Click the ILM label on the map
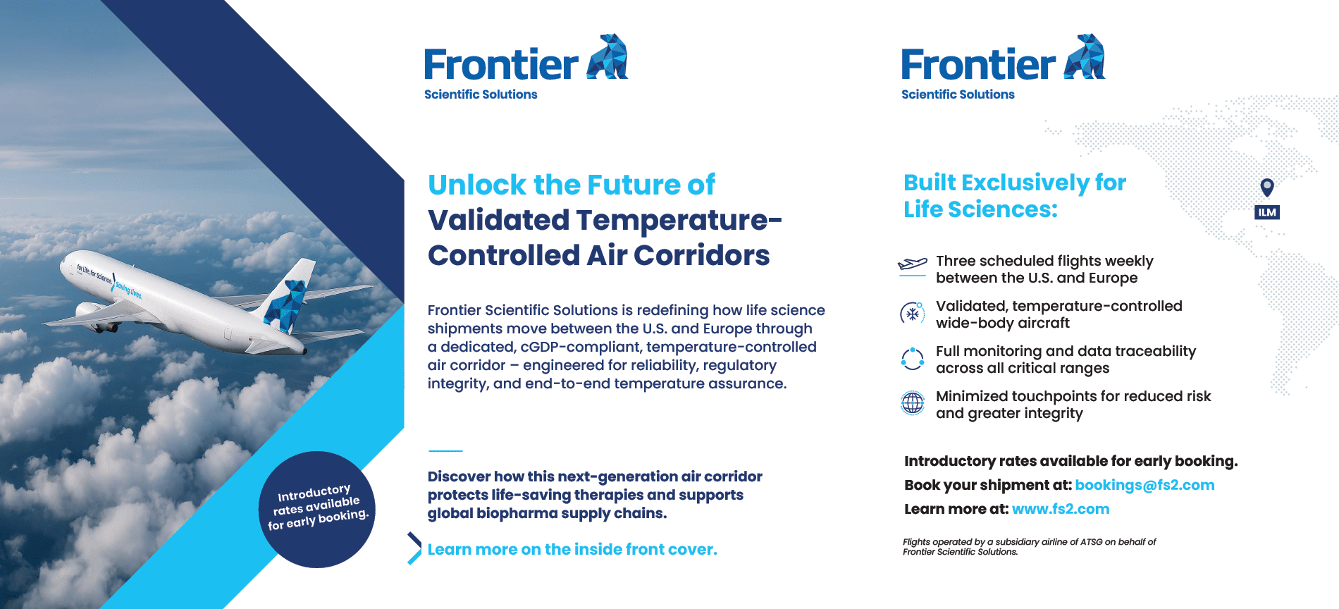point(1267,212)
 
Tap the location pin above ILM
point(1267,187)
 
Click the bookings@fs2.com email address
point(1144,485)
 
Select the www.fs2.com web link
point(1061,509)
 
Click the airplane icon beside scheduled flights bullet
point(912,264)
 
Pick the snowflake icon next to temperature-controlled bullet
point(912,313)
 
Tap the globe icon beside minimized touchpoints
point(913,403)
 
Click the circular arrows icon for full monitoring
point(913,358)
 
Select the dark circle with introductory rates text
point(317,509)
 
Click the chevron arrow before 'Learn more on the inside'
point(414,548)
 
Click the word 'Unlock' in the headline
point(477,185)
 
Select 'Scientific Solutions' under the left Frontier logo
point(481,94)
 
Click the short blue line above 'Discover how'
point(445,450)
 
